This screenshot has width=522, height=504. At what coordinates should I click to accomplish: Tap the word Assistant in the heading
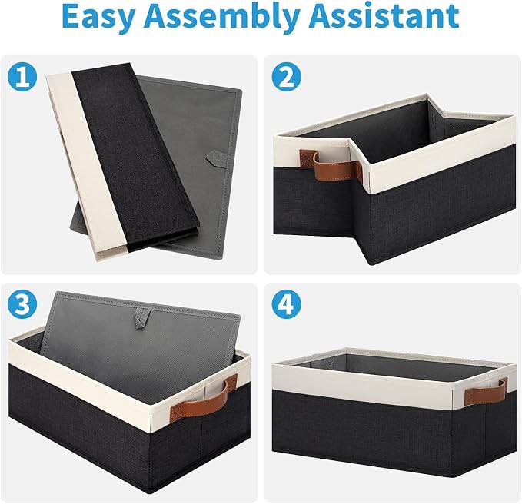click(x=384, y=16)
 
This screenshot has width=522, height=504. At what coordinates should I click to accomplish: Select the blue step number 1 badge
click(x=22, y=77)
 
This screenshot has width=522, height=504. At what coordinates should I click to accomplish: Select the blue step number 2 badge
click(x=287, y=77)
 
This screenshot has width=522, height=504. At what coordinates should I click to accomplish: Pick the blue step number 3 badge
click(x=22, y=304)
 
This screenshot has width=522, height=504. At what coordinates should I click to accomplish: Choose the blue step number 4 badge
click(x=287, y=304)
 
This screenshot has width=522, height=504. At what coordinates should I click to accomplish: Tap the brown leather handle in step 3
click(x=203, y=400)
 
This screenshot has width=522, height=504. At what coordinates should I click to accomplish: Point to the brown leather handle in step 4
click(x=485, y=392)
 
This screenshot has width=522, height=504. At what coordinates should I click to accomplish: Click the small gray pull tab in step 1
click(x=216, y=158)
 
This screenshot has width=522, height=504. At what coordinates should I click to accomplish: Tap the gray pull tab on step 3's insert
click(x=142, y=317)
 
